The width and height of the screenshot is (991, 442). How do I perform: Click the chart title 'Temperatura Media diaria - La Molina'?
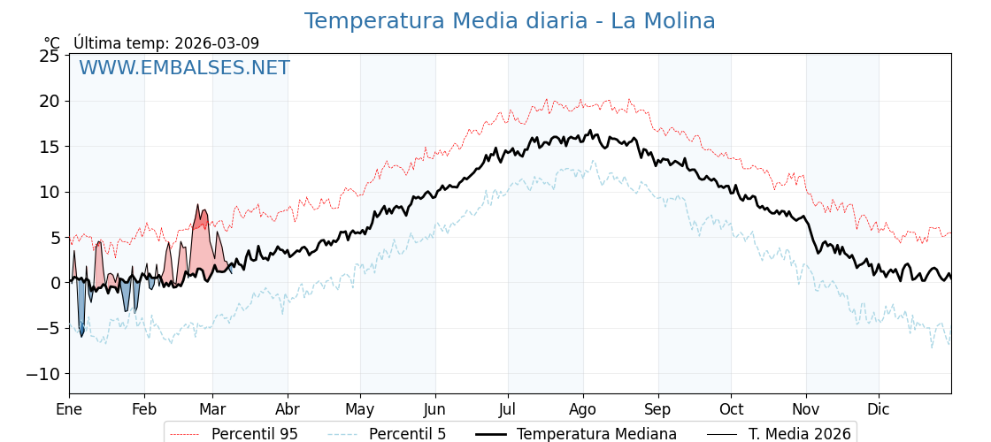click(x=510, y=21)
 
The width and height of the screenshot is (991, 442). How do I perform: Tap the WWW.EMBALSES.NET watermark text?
click(x=184, y=68)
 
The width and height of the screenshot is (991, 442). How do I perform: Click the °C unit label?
click(x=52, y=43)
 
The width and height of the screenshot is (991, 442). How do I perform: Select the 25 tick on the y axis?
click(x=50, y=56)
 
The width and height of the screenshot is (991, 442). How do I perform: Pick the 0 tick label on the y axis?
click(x=55, y=283)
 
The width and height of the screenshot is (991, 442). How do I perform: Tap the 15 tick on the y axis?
click(x=50, y=147)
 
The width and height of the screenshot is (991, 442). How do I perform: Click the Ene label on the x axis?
click(x=69, y=409)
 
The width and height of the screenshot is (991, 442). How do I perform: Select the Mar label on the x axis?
click(x=212, y=409)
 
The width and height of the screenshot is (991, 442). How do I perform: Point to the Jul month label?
click(x=508, y=409)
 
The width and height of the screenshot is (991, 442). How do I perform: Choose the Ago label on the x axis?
click(x=583, y=409)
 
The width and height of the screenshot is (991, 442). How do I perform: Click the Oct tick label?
click(x=731, y=409)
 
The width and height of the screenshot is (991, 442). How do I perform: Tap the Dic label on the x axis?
click(x=879, y=409)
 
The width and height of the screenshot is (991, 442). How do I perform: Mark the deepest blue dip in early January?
click(x=81, y=334)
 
